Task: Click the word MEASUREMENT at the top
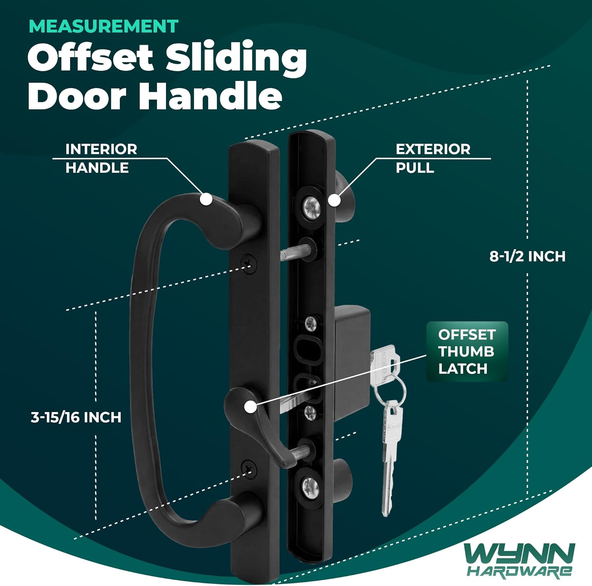coord(103,26)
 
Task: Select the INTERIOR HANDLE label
coord(101,158)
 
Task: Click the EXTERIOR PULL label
coord(433,158)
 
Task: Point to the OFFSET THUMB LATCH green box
coord(467,352)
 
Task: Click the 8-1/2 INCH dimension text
coord(527,256)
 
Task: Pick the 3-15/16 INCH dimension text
coord(76,417)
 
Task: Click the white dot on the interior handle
coord(206,199)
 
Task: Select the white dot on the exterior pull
coord(334,200)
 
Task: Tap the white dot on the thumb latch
coord(250,407)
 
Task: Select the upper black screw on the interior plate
coord(249,262)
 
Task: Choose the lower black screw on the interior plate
coord(249,469)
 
